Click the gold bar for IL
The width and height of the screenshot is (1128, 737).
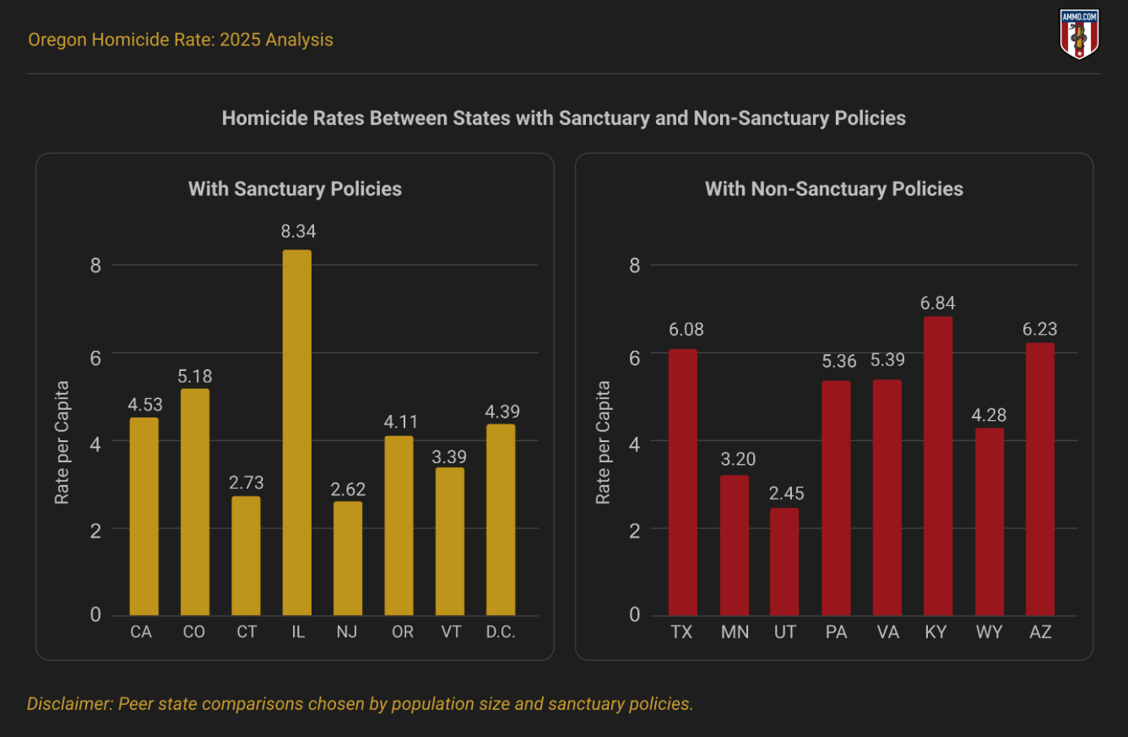(x=297, y=432)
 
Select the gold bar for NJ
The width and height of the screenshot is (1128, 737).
(x=348, y=558)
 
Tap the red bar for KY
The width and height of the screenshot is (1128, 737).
(x=938, y=466)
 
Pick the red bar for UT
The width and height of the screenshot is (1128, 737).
(x=784, y=561)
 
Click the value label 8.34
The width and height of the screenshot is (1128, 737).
(x=297, y=232)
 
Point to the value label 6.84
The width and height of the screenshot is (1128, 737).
(x=938, y=303)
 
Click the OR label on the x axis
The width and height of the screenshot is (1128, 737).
(x=403, y=632)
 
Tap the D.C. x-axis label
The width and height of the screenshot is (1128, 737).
(x=501, y=632)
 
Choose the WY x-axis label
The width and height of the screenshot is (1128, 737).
(x=989, y=632)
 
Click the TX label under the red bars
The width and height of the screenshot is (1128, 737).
(x=681, y=632)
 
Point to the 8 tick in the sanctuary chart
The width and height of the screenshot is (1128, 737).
(x=95, y=265)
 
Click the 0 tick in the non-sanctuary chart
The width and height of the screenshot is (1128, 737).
(x=634, y=614)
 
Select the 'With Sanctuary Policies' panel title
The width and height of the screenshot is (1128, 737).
(x=295, y=188)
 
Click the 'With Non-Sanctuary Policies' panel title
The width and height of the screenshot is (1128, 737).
(x=834, y=188)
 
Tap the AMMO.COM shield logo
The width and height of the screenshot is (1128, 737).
(x=1079, y=35)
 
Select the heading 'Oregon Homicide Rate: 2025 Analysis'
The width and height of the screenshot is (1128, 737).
(x=181, y=40)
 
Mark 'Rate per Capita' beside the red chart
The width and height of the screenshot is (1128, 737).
(x=603, y=442)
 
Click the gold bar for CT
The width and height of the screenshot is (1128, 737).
(x=247, y=555)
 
